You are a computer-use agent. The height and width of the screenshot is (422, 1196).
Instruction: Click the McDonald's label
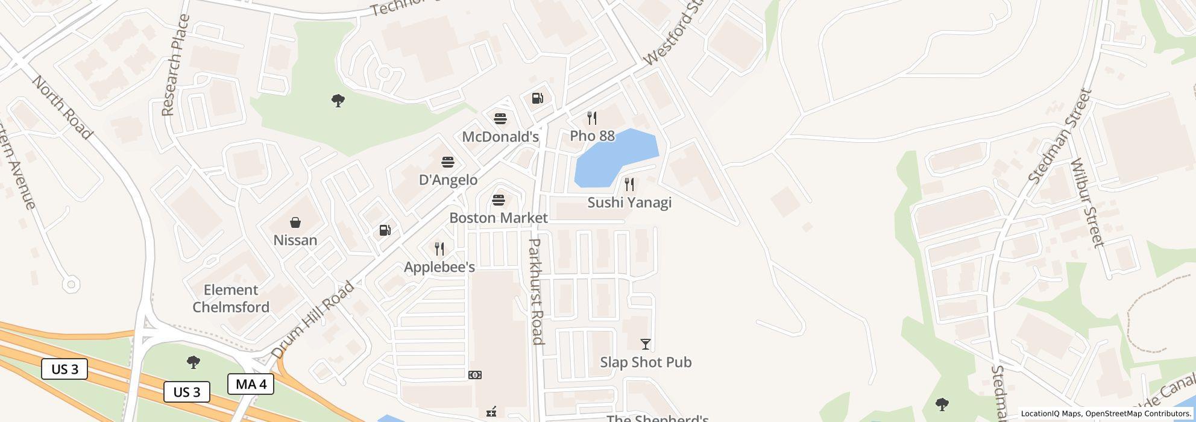coord(500,137)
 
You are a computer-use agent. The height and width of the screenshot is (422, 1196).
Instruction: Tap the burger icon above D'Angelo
coord(447,162)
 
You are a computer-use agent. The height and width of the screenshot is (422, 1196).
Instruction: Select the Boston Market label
coord(499,218)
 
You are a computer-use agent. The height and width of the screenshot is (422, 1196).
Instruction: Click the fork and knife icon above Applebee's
coord(439,248)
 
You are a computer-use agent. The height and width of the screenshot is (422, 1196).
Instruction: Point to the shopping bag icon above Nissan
coord(295,222)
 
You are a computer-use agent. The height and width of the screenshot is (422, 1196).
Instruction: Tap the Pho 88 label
coord(592,136)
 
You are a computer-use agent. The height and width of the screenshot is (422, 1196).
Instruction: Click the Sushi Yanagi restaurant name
coord(629,203)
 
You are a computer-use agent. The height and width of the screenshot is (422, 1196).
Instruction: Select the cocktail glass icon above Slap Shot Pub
coord(646,344)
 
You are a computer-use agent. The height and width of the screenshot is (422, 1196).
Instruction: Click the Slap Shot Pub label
coord(646,362)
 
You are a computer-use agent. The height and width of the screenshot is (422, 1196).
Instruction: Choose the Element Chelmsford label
coord(231,298)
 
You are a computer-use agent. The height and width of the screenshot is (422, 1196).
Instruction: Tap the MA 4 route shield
coord(251,384)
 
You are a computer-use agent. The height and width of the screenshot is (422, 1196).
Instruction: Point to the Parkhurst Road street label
coord(536,292)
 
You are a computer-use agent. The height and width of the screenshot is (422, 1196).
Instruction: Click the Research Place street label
coord(176,65)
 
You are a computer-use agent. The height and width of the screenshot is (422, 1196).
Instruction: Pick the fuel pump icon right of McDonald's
coord(538,98)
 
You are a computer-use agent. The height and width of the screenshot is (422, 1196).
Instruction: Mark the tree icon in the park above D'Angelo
coord(338,101)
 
